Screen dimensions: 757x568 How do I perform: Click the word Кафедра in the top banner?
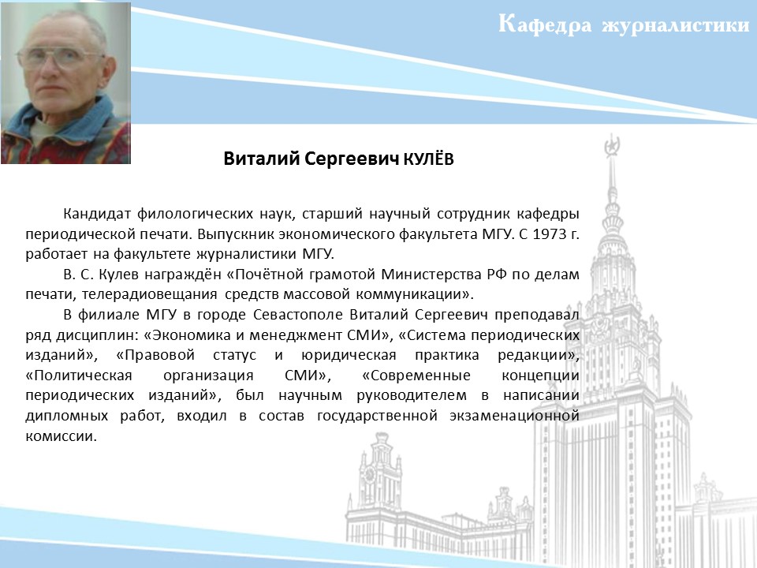(x=545, y=24)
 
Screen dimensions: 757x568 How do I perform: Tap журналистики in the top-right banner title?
(x=676, y=25)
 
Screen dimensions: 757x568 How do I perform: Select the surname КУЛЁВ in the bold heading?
(x=428, y=159)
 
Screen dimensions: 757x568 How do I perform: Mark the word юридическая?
(x=349, y=356)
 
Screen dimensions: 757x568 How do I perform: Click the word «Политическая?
(x=79, y=376)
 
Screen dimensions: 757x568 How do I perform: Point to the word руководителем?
(x=412, y=395)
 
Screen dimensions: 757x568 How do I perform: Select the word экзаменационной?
(x=514, y=416)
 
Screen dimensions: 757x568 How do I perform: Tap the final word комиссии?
(x=62, y=436)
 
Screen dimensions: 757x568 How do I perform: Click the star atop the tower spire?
(x=612, y=145)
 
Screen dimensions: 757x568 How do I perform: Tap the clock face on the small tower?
(x=370, y=475)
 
